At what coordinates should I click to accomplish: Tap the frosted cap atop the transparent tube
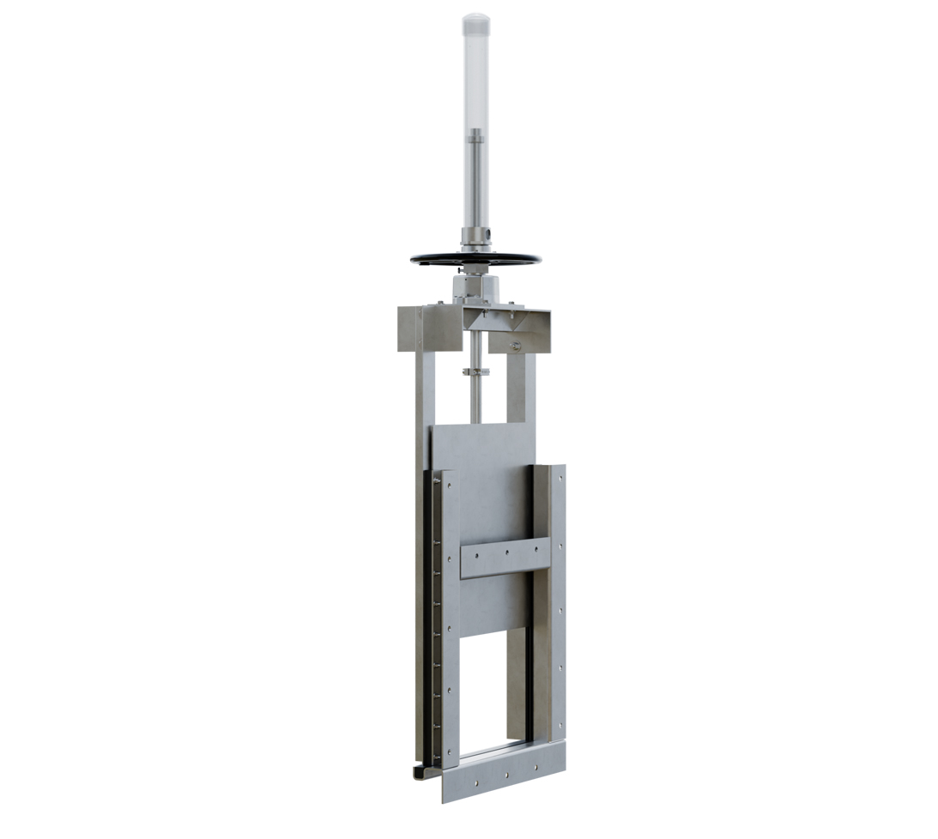point(475,22)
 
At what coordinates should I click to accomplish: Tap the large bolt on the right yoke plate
point(515,346)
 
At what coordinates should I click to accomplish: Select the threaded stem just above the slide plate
point(475,403)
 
